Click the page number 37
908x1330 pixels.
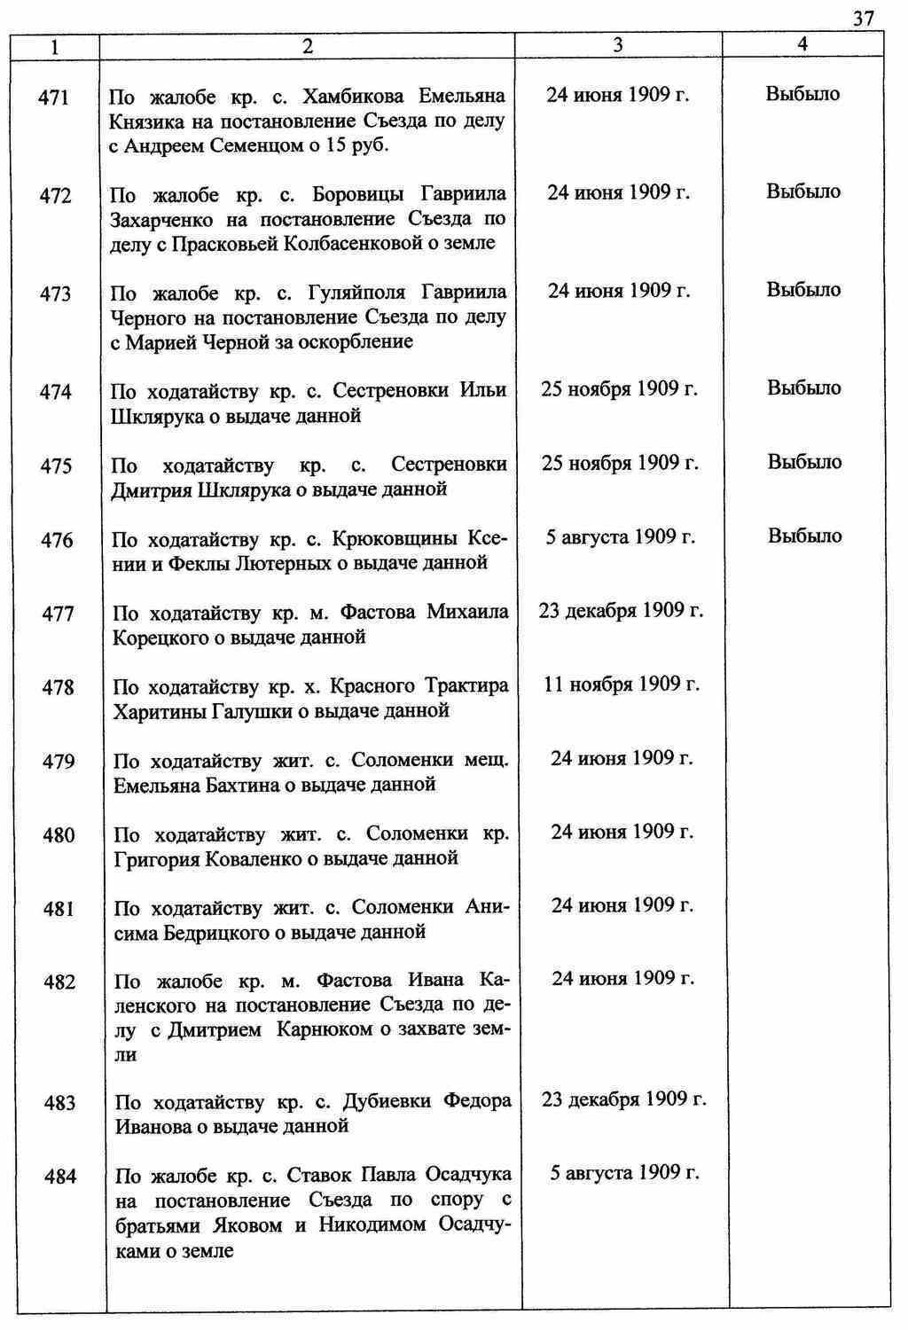tap(864, 17)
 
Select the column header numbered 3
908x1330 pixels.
tap(617, 46)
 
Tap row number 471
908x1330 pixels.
tap(55, 98)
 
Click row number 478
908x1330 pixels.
tap(58, 687)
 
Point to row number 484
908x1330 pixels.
tap(59, 1177)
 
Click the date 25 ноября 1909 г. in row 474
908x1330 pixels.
tap(620, 388)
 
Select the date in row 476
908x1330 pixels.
tap(621, 536)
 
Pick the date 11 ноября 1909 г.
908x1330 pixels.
tap(622, 685)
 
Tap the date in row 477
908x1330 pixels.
tap(621, 611)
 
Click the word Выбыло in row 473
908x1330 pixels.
tap(803, 290)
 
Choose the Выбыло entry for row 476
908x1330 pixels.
tap(805, 536)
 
